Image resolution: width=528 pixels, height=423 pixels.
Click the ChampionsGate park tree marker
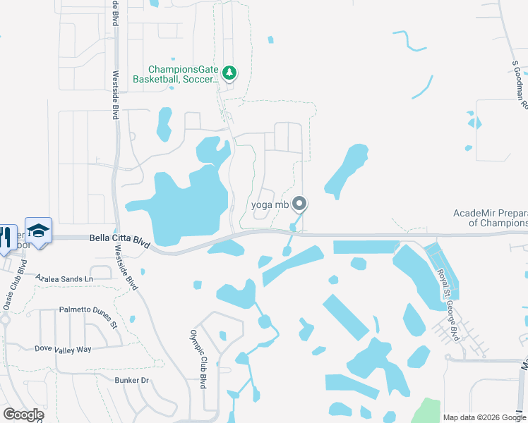coord(229,73)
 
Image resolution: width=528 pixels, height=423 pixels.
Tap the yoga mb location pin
coord(299,204)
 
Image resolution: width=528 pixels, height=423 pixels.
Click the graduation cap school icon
coord(39,231)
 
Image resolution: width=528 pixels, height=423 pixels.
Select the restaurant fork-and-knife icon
coord(6,236)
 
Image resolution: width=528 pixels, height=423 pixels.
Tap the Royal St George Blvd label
coord(448,305)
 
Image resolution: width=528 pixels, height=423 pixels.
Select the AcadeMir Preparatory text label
coord(490,218)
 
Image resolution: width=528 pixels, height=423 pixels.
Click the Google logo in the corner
coord(23,415)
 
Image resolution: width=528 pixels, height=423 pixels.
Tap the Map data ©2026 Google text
coord(484,417)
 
